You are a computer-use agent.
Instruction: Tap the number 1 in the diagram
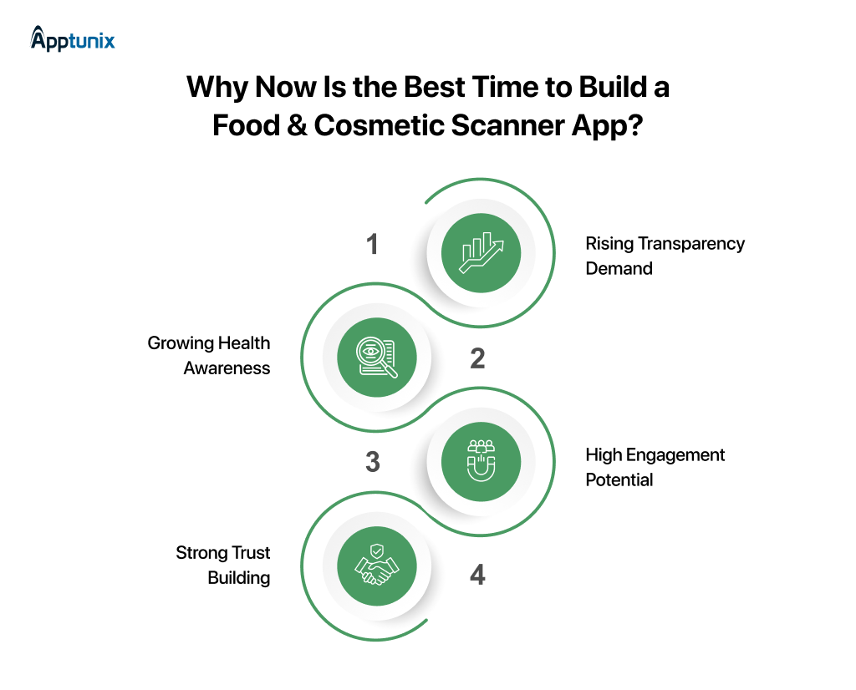373,245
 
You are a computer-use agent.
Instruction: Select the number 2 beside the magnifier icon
477,358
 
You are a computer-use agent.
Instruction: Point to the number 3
373,462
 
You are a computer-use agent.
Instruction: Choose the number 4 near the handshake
477,576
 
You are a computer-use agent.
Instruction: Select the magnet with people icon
481,462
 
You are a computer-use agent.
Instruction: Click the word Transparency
691,244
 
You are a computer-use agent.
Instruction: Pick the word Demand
619,269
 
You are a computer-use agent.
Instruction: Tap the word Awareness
227,368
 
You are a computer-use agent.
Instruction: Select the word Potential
619,480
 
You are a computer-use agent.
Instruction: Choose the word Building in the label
239,578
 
